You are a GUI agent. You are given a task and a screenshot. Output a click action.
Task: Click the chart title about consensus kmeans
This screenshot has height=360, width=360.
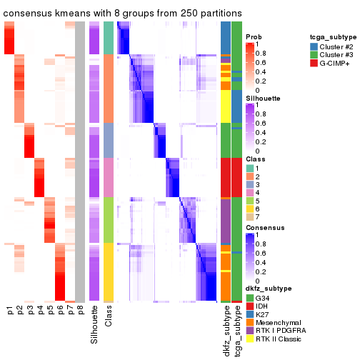122,14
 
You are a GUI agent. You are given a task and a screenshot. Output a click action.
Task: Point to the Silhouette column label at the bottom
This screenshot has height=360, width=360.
94,325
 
